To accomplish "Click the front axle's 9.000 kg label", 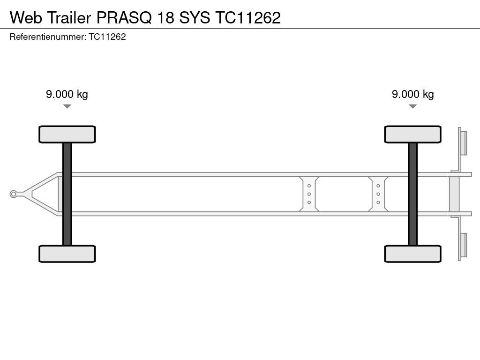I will pos(67,94).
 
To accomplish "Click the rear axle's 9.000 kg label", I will pos(412,94).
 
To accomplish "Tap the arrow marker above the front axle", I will pos(67,106).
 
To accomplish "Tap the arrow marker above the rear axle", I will pos(412,106).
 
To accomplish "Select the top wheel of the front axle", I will pos(67,134).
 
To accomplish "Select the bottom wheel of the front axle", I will pos(67,254).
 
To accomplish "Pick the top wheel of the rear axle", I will pos(412,134).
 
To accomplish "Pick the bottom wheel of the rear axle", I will pos(412,254).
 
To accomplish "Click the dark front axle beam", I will pos(67,194).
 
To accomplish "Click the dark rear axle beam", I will pos(412,194).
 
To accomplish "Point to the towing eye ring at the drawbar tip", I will pos(14,194).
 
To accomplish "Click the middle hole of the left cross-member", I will pos(309,194).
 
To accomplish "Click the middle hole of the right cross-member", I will pos(378,194).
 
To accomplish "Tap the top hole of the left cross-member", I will pos(309,186).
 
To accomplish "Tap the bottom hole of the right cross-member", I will pos(378,202).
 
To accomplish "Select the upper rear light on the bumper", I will pos(464,142).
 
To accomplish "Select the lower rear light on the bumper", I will pos(464,245).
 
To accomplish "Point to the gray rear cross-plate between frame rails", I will pos(454,194).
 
